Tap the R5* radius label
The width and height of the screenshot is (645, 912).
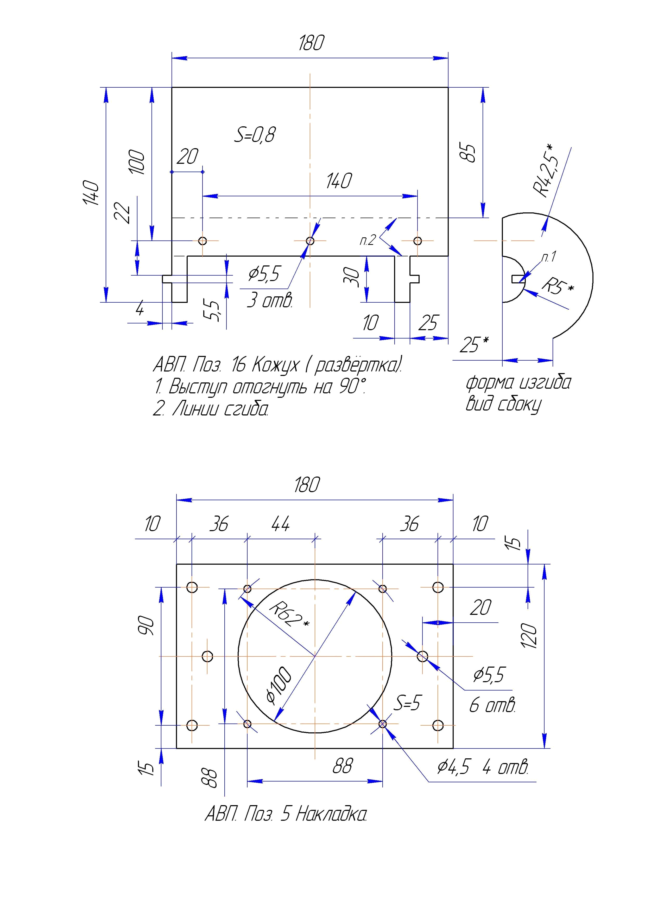tap(558, 286)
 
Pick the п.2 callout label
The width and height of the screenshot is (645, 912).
tap(368, 240)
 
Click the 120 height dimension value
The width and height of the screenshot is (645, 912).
tap(530, 636)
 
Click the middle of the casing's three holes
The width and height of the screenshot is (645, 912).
tap(310, 241)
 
